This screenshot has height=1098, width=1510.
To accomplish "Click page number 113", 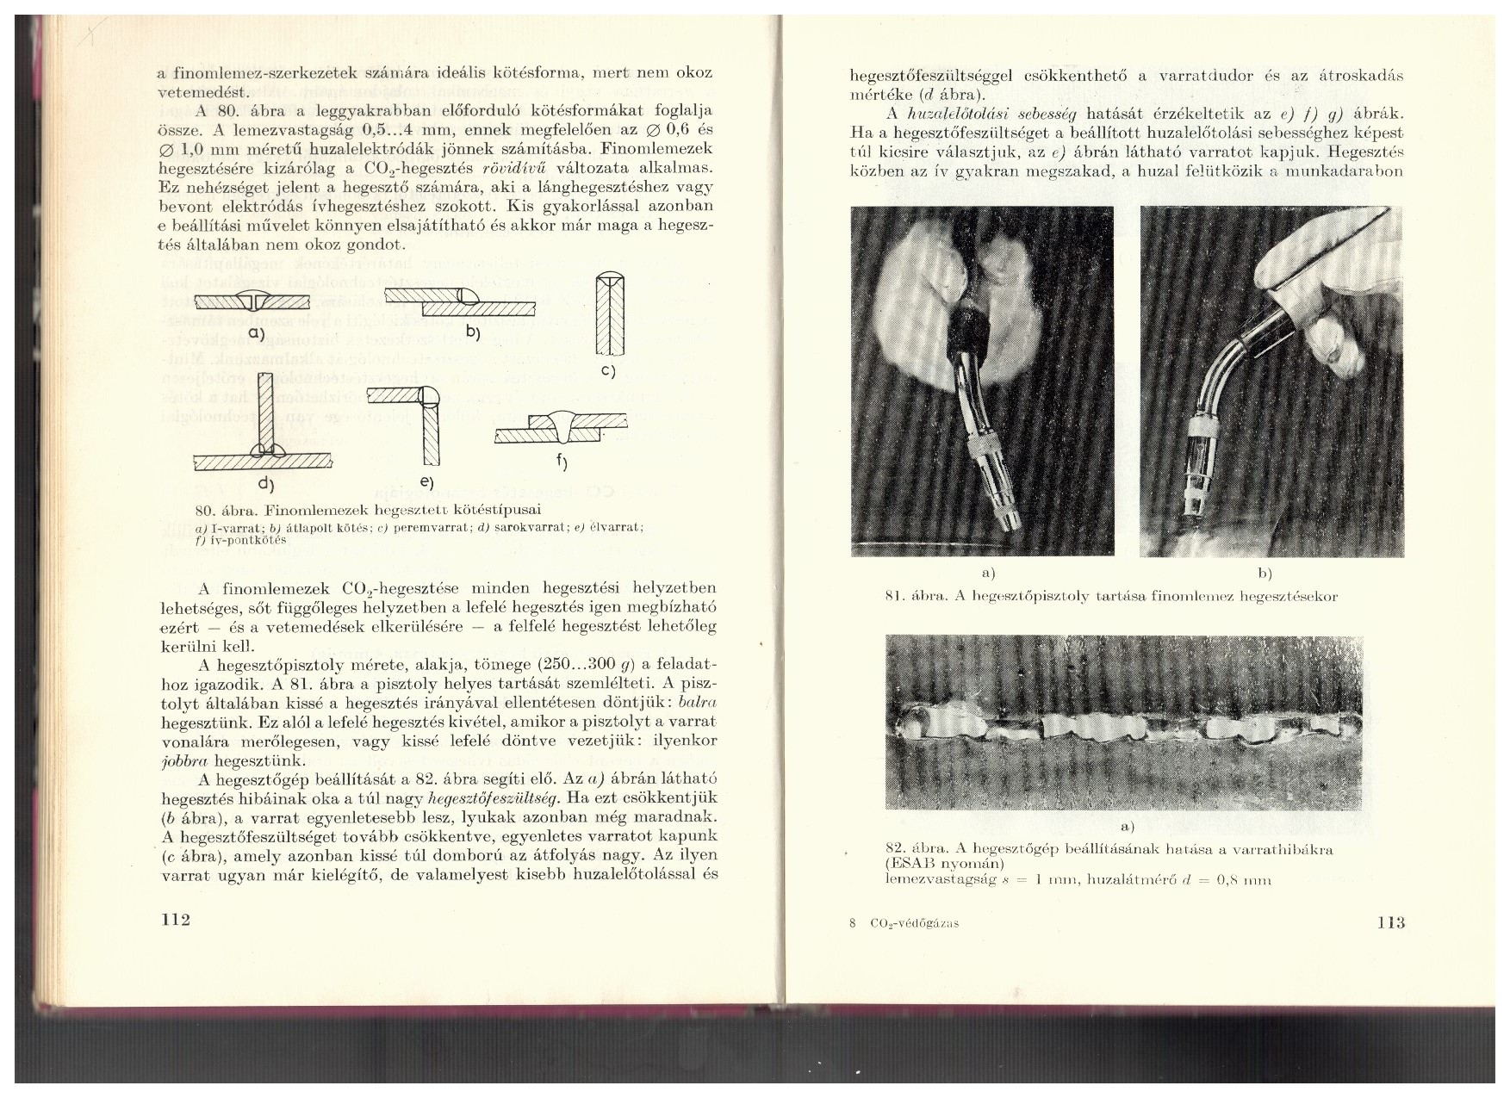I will coord(1390,922).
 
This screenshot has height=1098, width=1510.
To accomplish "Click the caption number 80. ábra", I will coord(222,510).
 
